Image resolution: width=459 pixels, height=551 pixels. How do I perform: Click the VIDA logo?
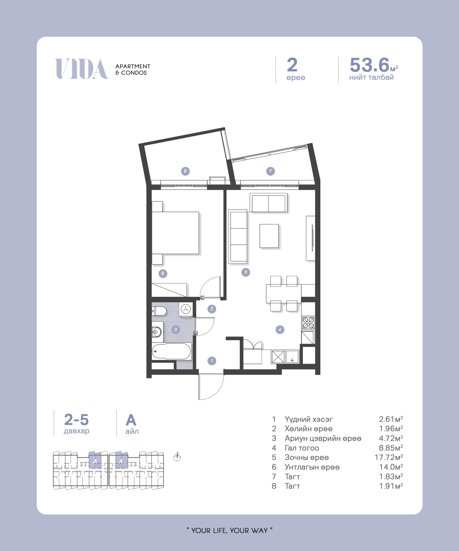point(82,69)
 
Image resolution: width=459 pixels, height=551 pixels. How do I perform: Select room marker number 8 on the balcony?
point(185,171)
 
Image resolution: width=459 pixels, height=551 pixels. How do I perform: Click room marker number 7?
point(270,171)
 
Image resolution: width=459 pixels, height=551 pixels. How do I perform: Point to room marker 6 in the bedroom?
point(163,273)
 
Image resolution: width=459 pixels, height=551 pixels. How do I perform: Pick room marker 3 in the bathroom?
point(176,329)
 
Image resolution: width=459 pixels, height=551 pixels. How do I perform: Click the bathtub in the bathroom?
point(171,351)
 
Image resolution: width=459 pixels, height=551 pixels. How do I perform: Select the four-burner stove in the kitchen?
point(308,323)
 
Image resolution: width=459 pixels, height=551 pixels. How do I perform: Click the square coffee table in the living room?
point(269,236)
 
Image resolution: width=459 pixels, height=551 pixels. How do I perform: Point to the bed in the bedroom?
point(175,233)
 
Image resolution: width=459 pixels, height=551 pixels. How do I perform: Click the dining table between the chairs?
point(283,294)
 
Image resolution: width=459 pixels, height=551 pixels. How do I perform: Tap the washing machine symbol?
point(186,309)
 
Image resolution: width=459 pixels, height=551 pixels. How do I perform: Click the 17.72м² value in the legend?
point(389,457)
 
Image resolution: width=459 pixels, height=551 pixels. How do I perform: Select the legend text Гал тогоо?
point(302,448)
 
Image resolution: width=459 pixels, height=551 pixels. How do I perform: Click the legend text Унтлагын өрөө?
point(312,467)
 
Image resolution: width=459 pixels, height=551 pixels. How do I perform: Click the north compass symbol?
point(177,457)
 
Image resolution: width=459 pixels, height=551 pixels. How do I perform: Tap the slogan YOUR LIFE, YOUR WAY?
point(229,531)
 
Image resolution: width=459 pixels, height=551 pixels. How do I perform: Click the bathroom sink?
point(157,332)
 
